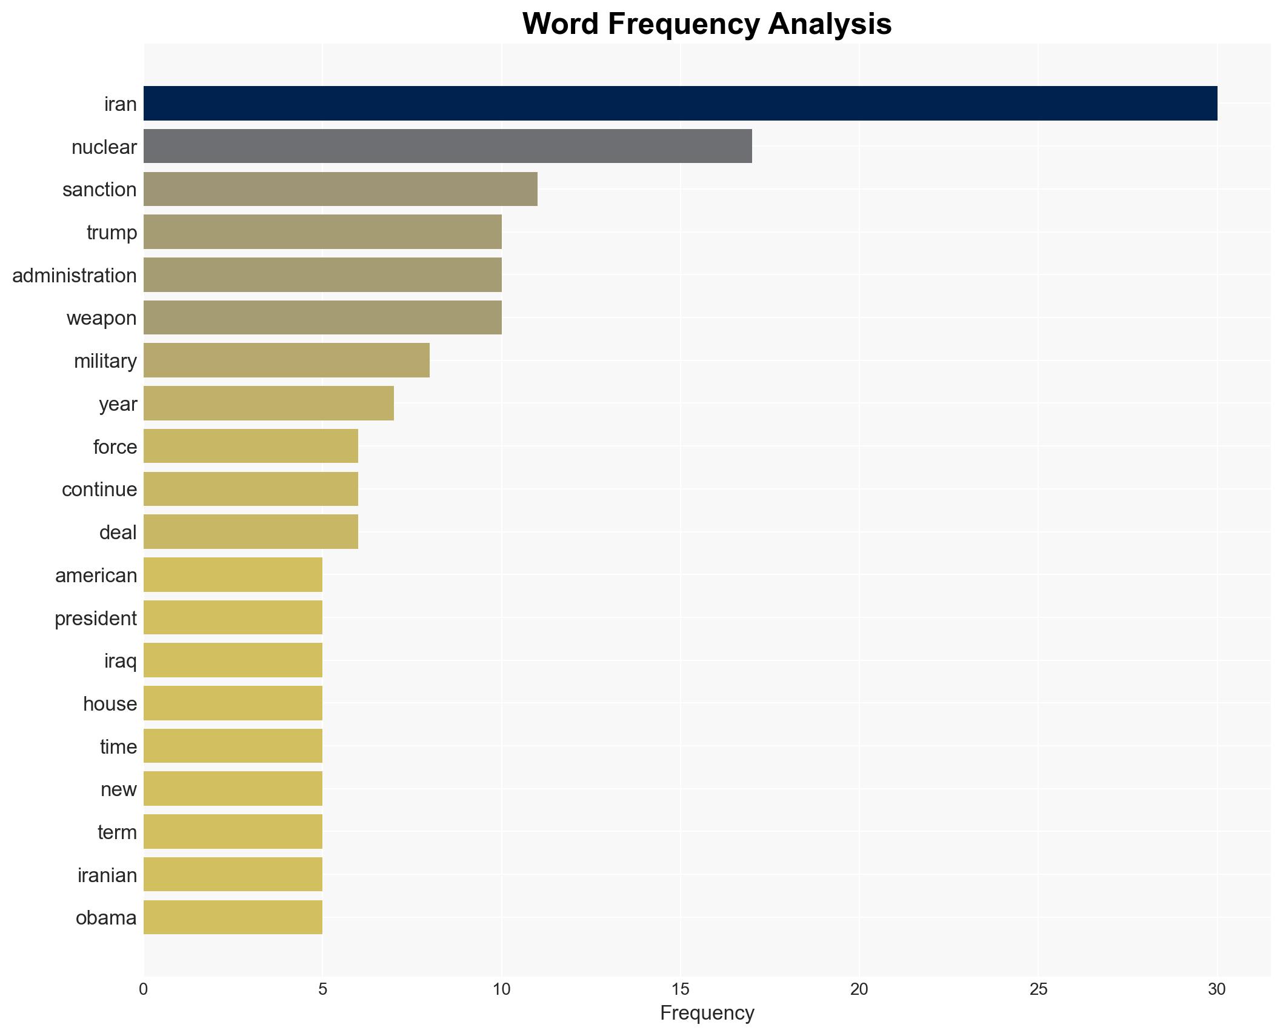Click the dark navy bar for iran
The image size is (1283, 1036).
[680, 104]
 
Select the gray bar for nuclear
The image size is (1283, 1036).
[447, 146]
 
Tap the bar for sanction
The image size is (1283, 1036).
[340, 189]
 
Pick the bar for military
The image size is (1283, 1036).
[286, 360]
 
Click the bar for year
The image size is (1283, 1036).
[268, 403]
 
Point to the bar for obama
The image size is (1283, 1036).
[233, 917]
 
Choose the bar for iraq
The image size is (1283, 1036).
[233, 660]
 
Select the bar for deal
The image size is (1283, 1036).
[250, 532]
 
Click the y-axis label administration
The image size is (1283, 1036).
[75, 276]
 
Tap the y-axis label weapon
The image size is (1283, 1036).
[101, 318]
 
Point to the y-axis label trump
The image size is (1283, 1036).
[112, 233]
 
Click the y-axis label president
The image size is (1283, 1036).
[96, 619]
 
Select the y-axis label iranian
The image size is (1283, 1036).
[107, 875]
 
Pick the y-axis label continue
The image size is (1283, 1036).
[99, 490]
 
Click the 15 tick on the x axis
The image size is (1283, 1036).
[680, 989]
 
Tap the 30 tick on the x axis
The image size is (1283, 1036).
[1216, 989]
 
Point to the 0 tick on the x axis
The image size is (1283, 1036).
[144, 989]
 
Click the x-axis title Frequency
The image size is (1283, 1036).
[707, 1013]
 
